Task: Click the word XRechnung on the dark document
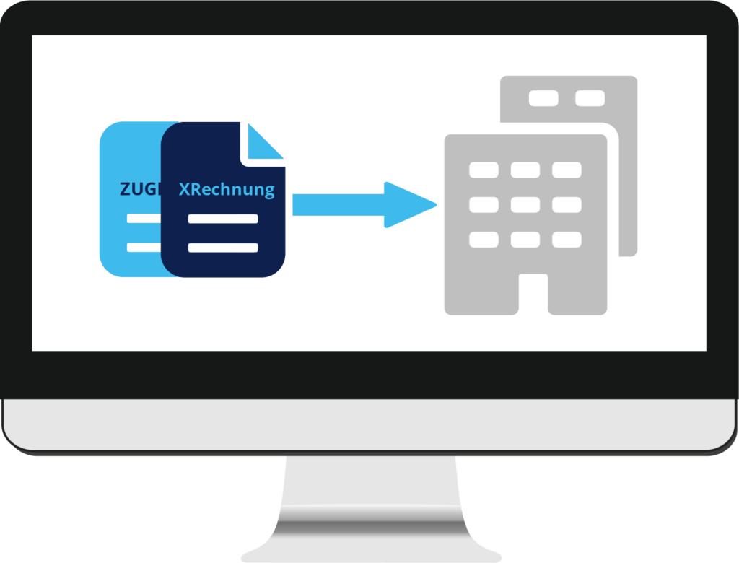226,190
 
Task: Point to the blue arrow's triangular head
408,205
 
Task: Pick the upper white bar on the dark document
211,219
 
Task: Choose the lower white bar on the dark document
211,248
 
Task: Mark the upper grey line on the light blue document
144,219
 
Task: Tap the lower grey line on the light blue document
144,248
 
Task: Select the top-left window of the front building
484,170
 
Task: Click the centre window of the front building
525,205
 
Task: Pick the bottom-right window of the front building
567,239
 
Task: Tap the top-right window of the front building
567,170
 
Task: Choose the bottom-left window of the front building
484,239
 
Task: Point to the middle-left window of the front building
484,205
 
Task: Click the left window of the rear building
543,98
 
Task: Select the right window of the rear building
590,98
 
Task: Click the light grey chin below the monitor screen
369,426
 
